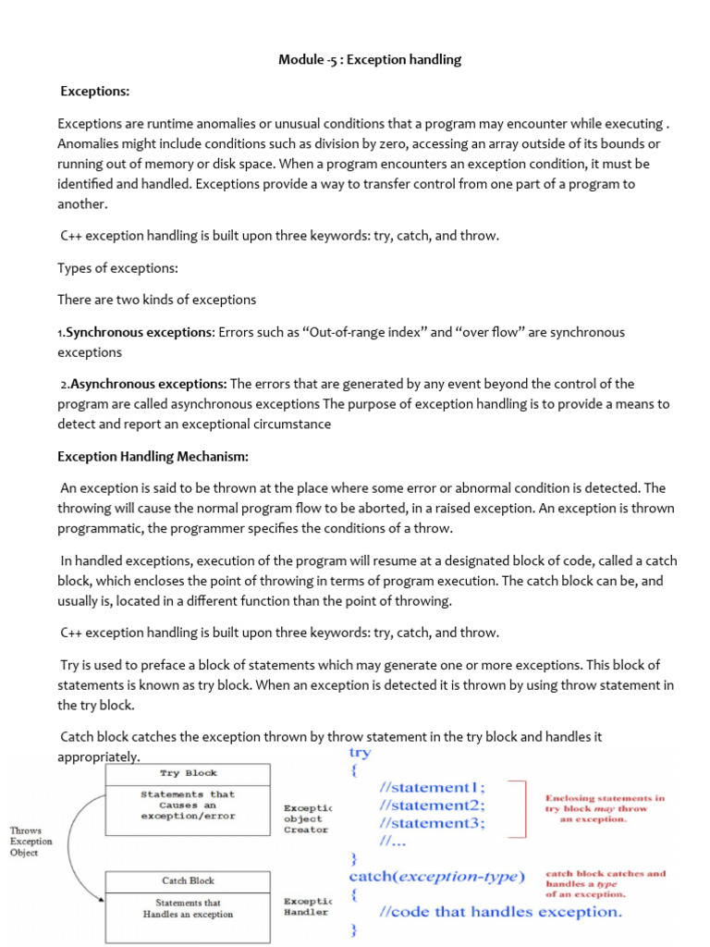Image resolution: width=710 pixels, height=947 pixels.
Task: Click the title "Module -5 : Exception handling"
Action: tap(370, 60)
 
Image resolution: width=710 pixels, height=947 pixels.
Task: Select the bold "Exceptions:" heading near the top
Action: tap(95, 92)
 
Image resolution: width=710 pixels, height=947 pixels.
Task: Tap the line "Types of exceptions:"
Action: tap(117, 267)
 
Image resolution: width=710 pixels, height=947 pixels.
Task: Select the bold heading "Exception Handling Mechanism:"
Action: tap(153, 456)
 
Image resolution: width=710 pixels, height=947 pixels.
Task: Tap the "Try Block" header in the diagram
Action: tap(189, 773)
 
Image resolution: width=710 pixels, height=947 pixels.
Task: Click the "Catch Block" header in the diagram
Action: tap(189, 880)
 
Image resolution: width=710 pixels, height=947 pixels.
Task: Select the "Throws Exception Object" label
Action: tap(31, 842)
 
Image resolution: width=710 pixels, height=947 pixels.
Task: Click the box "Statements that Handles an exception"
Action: tap(189, 908)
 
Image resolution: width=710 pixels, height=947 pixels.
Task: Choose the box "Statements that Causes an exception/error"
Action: tap(189, 805)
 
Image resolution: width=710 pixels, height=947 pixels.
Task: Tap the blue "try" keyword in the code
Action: tap(361, 753)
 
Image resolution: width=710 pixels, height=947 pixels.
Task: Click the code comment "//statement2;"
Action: tap(432, 805)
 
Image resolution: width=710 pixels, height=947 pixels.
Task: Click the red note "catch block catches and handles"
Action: tap(606, 883)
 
